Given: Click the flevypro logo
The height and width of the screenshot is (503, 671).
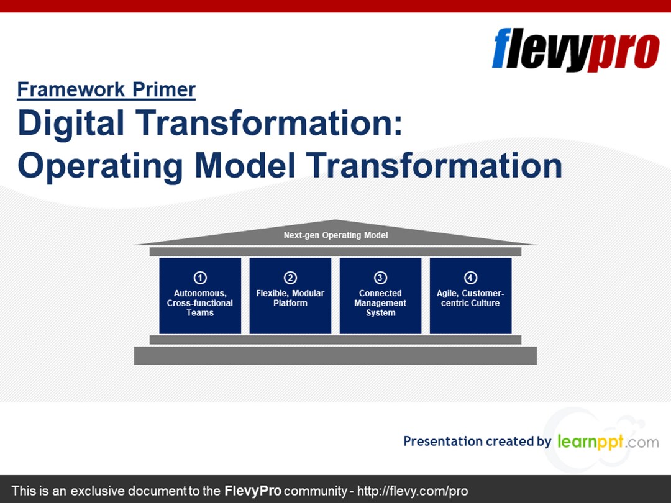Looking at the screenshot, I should pyautogui.click(x=575, y=50).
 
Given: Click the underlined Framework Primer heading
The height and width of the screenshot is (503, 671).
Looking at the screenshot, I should pyautogui.click(x=106, y=90).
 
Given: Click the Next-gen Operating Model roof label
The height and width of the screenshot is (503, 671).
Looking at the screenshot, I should pyautogui.click(x=335, y=235).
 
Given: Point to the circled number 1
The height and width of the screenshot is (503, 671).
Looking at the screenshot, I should pyautogui.click(x=200, y=278).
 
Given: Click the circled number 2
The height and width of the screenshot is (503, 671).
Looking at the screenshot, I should pyautogui.click(x=290, y=278).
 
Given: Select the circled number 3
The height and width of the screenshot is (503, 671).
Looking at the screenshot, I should pyautogui.click(x=380, y=278).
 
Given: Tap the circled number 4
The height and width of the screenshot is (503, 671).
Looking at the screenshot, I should pyautogui.click(x=470, y=278).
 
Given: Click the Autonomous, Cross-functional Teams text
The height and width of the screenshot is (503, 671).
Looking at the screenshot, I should pyautogui.click(x=200, y=303).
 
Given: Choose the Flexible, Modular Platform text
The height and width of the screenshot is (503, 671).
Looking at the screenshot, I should pyautogui.click(x=290, y=298).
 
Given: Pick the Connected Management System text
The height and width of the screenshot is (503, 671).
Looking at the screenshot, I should pyautogui.click(x=380, y=303).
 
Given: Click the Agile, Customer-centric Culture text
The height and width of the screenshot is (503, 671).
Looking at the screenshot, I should pyautogui.click(x=470, y=298).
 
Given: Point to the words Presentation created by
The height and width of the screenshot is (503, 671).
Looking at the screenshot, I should pyautogui.click(x=477, y=442).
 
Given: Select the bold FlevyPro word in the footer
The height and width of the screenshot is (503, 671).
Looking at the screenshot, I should pyautogui.click(x=253, y=491).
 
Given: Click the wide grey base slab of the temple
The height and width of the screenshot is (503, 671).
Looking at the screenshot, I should pyautogui.click(x=335, y=355).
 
